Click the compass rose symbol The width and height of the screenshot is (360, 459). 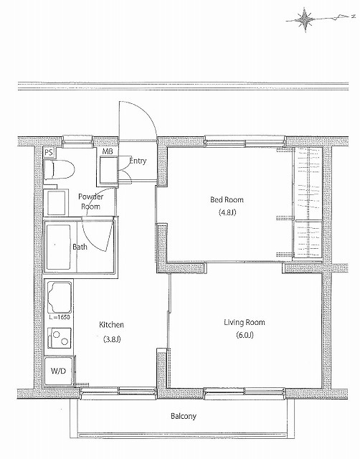[x=305, y=20]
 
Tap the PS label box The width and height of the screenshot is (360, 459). [x=49, y=153]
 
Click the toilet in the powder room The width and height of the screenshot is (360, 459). [x=59, y=169]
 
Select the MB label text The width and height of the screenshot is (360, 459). [x=108, y=151]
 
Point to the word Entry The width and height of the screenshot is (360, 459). [x=138, y=161]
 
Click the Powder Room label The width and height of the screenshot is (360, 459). [x=91, y=202]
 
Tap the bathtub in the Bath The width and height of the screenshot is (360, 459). [x=59, y=247]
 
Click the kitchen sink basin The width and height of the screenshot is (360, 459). [x=60, y=297]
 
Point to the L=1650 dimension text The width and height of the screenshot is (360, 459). [x=60, y=317]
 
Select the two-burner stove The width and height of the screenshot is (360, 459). [x=60, y=338]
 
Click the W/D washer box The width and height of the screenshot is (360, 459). [x=59, y=372]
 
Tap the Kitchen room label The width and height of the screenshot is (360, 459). [x=111, y=325]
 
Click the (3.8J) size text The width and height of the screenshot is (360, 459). [x=112, y=339]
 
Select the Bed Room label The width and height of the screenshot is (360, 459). [x=227, y=199]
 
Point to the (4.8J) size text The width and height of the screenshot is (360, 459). [x=227, y=212]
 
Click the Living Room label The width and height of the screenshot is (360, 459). [x=245, y=322]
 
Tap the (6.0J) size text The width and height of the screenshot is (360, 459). [x=245, y=335]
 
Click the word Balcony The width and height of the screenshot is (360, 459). [x=184, y=416]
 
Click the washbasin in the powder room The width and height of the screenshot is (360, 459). [x=56, y=202]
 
